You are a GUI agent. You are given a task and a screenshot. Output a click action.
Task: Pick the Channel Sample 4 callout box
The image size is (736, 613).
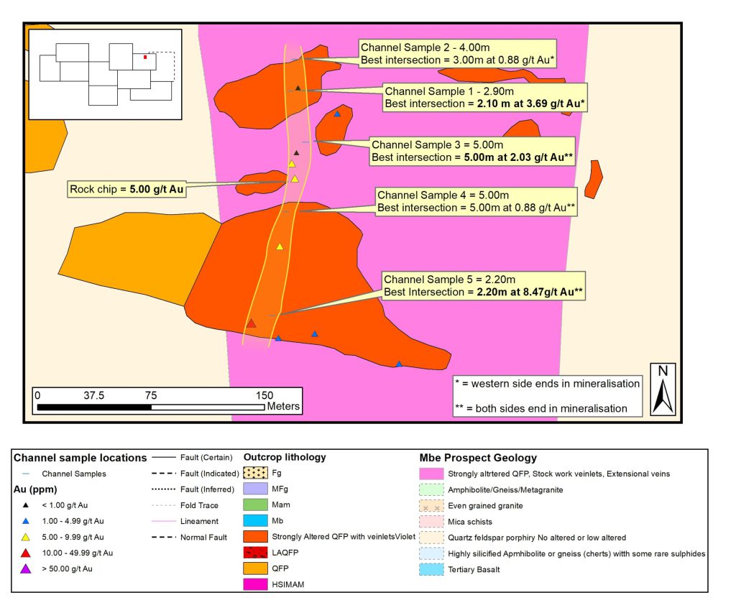click(x=477, y=201)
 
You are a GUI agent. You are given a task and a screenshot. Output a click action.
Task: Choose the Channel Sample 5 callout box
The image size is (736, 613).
click(x=483, y=285)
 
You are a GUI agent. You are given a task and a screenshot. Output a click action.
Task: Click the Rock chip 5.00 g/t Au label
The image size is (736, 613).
click(x=126, y=190)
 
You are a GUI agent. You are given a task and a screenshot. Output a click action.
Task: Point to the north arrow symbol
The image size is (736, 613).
click(x=663, y=390)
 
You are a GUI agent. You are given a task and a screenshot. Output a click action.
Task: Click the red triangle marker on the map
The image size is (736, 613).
click(x=251, y=323)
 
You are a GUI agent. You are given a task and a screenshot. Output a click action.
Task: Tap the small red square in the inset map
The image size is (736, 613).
click(x=145, y=56)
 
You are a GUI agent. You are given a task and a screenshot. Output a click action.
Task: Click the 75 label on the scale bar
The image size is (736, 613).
click(x=151, y=395)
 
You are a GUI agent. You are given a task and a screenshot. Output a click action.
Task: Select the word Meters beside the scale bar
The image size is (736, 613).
click(x=283, y=407)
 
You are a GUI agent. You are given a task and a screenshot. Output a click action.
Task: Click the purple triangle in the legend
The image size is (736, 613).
click(x=26, y=568)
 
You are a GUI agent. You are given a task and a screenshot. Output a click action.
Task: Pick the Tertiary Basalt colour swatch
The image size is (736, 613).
click(x=431, y=568)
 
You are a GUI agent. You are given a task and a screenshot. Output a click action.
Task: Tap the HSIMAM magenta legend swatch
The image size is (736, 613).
click(x=255, y=585)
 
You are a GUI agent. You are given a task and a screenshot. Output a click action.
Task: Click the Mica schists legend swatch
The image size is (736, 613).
click(x=431, y=521)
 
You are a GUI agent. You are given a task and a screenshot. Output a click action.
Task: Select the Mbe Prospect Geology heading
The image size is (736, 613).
click(x=478, y=458)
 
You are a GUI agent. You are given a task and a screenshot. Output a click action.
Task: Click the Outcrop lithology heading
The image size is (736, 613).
click(x=285, y=457)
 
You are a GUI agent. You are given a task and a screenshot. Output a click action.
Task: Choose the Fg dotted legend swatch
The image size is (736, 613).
click(x=255, y=474)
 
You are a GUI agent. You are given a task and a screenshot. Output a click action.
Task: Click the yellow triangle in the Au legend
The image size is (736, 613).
click(x=26, y=537)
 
